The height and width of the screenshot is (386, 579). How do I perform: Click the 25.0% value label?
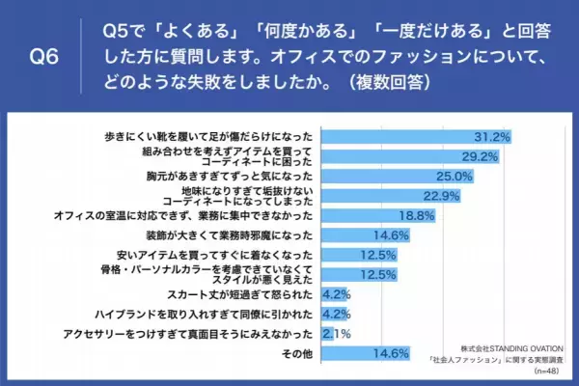[x=455, y=176]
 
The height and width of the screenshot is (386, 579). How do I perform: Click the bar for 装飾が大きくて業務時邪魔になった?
[x=362, y=235]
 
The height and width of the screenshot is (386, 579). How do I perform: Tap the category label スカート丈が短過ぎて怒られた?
[x=252, y=294]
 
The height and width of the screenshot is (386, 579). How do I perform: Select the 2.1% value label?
[x=337, y=333]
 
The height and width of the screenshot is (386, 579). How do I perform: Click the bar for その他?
[x=362, y=353]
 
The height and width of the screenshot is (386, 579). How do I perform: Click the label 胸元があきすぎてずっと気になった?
[x=233, y=176]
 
